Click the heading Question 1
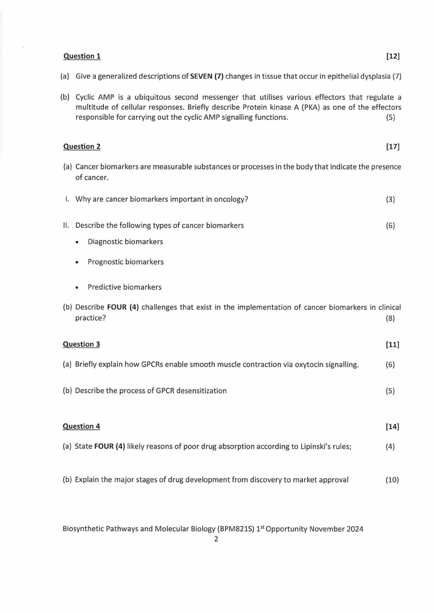pyautogui.click(x=82, y=56)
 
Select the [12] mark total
pyautogui.click(x=392, y=56)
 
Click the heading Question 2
pyautogui.click(x=82, y=146)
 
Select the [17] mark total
pyautogui.click(x=392, y=146)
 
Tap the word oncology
pyautogui.click(x=230, y=199)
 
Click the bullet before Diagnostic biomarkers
pyautogui.click(x=79, y=242)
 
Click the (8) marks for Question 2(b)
pyautogui.click(x=390, y=318)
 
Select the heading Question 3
pyautogui.click(x=81, y=344)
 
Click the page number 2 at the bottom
pyautogui.click(x=216, y=539)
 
